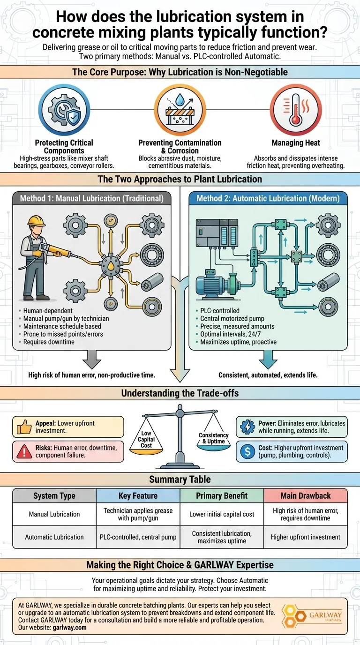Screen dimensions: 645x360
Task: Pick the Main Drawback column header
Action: [x=305, y=495]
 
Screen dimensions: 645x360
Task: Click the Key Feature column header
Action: [x=138, y=495]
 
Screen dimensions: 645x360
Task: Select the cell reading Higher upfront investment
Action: [x=305, y=537]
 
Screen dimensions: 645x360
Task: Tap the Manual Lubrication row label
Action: [x=54, y=514]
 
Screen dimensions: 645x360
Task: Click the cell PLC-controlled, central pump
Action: [x=138, y=537]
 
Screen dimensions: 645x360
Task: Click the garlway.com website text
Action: [x=69, y=627]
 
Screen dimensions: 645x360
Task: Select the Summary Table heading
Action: [x=180, y=479]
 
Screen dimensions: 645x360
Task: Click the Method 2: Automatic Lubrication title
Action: [x=268, y=198]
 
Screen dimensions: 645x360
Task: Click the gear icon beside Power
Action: [x=247, y=427]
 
